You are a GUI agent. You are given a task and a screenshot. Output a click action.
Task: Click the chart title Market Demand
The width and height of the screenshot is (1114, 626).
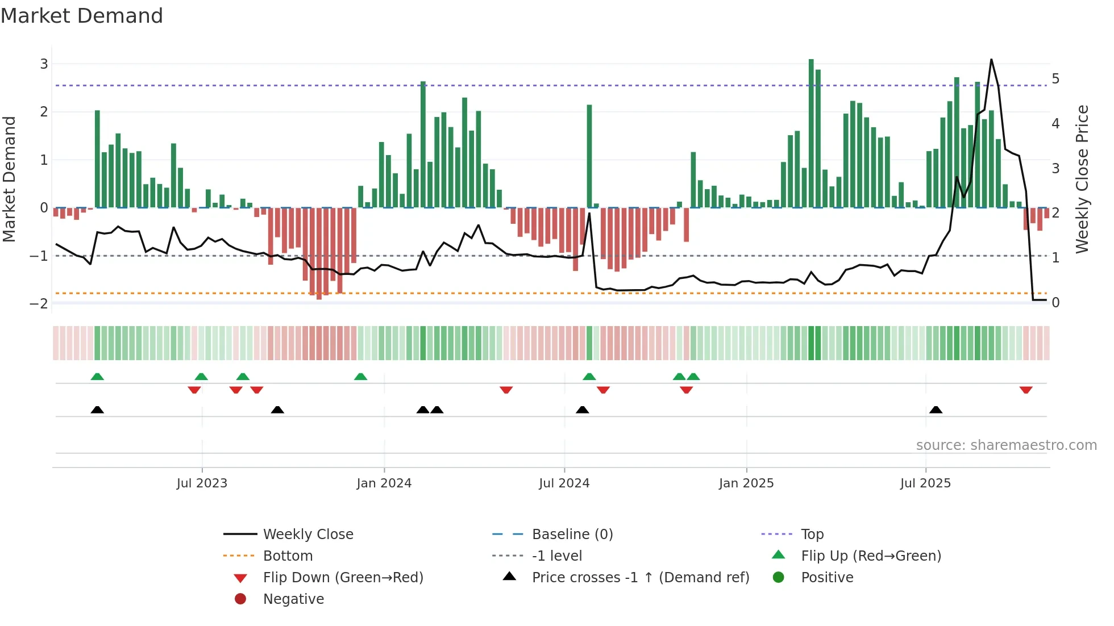pos(82,16)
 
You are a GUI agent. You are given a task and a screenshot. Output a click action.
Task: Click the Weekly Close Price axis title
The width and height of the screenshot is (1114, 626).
pos(1082,179)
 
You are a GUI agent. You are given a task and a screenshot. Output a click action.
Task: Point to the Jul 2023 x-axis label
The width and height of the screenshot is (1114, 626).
pos(202,483)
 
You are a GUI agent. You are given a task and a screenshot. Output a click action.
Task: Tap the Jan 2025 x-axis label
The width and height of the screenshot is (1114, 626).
pos(746,483)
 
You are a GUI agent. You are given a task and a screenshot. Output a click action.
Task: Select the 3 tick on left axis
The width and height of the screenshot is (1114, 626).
pos(44,64)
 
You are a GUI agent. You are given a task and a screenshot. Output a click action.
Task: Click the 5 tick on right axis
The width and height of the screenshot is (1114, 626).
pos(1055,78)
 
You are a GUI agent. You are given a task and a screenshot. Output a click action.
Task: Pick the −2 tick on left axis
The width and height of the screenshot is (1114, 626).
pos(39,303)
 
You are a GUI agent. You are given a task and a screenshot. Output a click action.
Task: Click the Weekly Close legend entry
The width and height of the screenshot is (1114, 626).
pos(307,534)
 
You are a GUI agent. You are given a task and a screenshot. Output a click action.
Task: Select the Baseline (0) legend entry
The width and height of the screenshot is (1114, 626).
pos(572,534)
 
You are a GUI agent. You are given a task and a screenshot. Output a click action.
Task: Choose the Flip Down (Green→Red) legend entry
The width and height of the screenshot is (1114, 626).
pos(343,577)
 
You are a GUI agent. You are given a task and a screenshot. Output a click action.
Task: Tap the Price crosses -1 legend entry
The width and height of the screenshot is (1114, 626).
pos(640,577)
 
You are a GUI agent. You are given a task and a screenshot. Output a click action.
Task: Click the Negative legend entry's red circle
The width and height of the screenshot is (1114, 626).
pos(240,599)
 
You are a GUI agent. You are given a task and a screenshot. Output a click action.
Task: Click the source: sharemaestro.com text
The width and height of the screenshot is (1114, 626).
pos(1006,445)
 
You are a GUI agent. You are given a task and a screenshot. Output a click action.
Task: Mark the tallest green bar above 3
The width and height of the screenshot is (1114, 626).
pos(811,133)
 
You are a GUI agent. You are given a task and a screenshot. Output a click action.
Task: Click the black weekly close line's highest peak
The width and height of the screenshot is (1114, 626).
pos(991,60)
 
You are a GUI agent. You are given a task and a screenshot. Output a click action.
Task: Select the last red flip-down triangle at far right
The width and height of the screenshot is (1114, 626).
pos(1026,390)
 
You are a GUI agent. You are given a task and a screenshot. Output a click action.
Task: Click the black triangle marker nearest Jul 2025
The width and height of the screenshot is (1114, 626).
pos(936,410)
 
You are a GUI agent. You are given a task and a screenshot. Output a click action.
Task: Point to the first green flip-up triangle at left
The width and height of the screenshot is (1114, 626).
pos(97,377)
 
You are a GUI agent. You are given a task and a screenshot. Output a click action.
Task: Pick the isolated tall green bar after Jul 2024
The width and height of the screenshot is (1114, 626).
pos(589,156)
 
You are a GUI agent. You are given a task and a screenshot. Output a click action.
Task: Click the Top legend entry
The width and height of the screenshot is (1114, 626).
pos(812,534)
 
